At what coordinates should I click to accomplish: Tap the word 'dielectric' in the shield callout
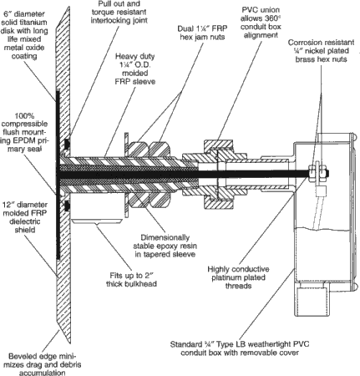tap(25, 221)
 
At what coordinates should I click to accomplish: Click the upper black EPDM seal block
tap(67, 144)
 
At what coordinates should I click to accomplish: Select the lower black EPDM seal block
tap(67, 206)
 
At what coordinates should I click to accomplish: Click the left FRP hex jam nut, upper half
tap(138, 149)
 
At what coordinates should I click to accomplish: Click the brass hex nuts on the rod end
tap(317, 173)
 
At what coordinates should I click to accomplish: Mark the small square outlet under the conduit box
tap(312, 302)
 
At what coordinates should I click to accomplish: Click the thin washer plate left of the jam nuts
tap(127, 175)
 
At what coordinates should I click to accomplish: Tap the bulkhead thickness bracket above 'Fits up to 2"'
tap(97, 221)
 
